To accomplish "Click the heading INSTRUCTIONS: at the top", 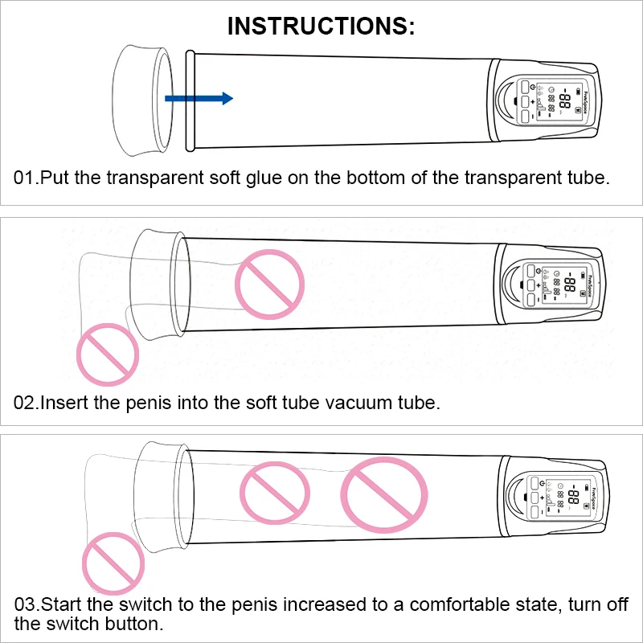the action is [x=321, y=26].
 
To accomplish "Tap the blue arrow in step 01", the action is [x=199, y=98].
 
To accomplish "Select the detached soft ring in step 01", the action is [x=142, y=101].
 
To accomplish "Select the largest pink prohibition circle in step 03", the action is [x=384, y=495].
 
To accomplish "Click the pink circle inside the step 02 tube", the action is [x=270, y=285].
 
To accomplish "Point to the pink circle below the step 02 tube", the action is [x=108, y=354].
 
